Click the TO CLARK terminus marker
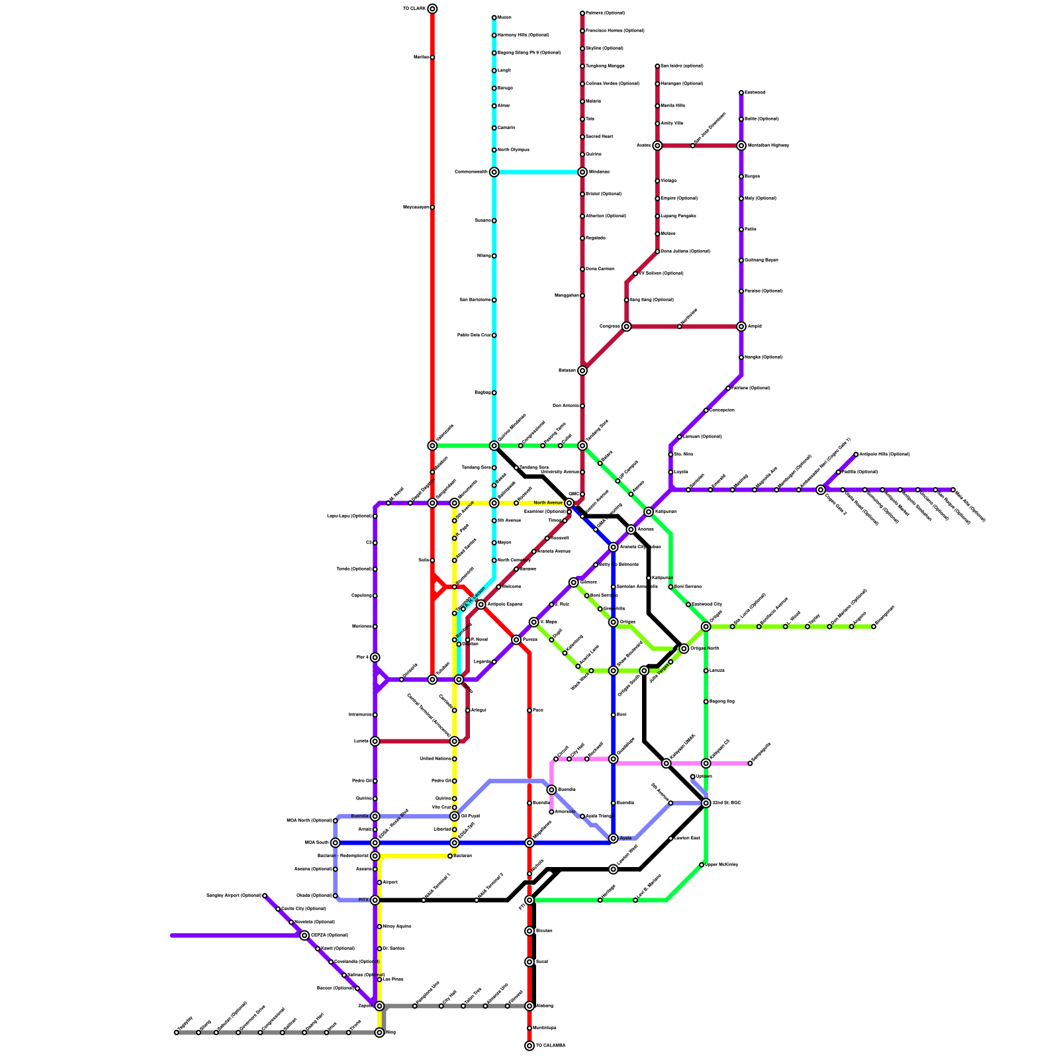(x=432, y=9)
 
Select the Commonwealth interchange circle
(x=494, y=172)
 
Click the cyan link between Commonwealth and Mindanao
(x=537, y=172)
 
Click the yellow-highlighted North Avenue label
(x=548, y=503)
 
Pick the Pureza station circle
(x=516, y=640)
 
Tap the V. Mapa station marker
(x=533, y=622)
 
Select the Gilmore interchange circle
(x=574, y=582)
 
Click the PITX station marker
(x=375, y=900)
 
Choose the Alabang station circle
(x=529, y=1006)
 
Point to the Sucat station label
(x=541, y=962)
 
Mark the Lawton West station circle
(x=614, y=869)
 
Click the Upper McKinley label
(x=721, y=865)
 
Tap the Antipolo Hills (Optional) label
(x=884, y=455)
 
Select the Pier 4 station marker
(x=375, y=657)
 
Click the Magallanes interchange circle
(x=529, y=843)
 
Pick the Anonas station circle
(x=631, y=529)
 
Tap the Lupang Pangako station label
(x=678, y=216)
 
